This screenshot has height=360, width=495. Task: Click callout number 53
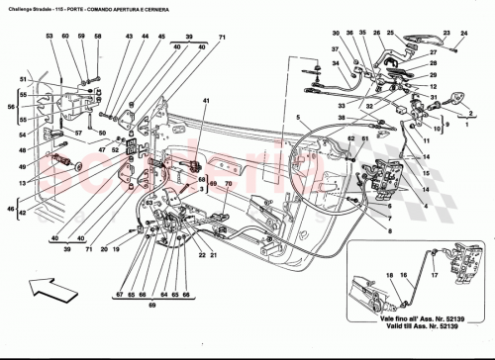point(49,37)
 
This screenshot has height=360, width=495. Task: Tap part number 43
point(129,37)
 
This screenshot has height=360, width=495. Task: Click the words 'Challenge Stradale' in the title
point(32,7)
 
